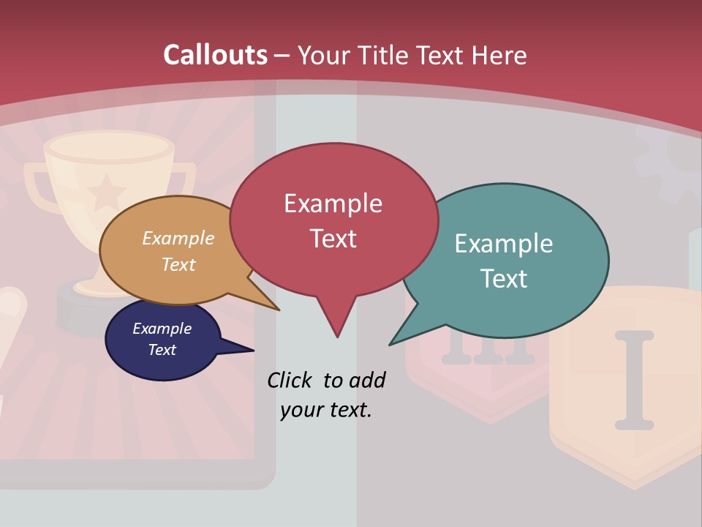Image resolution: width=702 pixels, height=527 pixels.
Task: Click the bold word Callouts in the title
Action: click(x=215, y=55)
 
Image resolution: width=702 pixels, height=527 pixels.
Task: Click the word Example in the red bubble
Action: click(x=333, y=203)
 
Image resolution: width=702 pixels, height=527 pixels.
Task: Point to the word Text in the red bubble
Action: click(x=333, y=239)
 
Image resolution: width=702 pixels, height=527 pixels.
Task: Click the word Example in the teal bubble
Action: click(x=504, y=244)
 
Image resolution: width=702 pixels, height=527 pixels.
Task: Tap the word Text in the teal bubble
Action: click(x=504, y=279)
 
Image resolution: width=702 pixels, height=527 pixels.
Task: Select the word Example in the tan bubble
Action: click(x=178, y=239)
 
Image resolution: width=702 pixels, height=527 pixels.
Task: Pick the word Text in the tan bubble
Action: click(x=178, y=264)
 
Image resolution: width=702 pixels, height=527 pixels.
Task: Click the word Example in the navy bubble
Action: click(x=162, y=329)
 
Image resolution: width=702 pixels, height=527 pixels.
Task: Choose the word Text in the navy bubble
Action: click(x=162, y=350)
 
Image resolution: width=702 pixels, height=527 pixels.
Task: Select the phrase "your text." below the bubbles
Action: click(x=326, y=410)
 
